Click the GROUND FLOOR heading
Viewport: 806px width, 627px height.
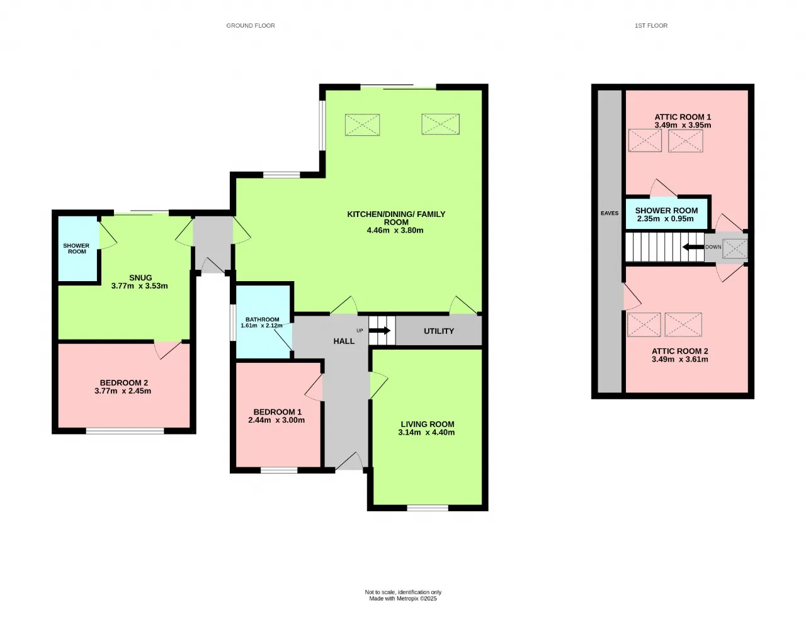pos(251,26)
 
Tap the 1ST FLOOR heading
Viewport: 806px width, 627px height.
pos(651,26)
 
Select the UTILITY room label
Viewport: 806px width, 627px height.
pos(439,331)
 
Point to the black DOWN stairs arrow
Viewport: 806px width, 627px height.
pos(693,247)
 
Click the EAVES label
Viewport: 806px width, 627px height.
pos(610,213)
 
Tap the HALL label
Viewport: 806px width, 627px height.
pos(344,341)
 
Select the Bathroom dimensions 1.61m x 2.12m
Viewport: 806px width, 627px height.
pos(261,326)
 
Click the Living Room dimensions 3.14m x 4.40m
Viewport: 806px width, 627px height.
pos(426,432)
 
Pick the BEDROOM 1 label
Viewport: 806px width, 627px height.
pos(278,412)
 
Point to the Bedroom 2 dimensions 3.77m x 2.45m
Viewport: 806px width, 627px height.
pos(123,391)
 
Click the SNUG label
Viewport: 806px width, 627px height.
pos(140,278)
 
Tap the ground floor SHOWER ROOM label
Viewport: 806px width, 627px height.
pos(76,248)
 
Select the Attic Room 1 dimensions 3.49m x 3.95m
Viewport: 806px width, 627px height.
pos(683,125)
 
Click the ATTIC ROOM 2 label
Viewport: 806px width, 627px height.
pos(680,351)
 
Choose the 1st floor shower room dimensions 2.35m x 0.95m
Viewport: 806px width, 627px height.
pos(666,218)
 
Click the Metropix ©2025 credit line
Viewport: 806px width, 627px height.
pos(403,599)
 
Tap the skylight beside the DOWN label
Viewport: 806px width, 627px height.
pos(734,248)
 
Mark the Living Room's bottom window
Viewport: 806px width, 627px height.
pos(428,508)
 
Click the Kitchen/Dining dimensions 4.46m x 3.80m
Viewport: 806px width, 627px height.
pos(395,230)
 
